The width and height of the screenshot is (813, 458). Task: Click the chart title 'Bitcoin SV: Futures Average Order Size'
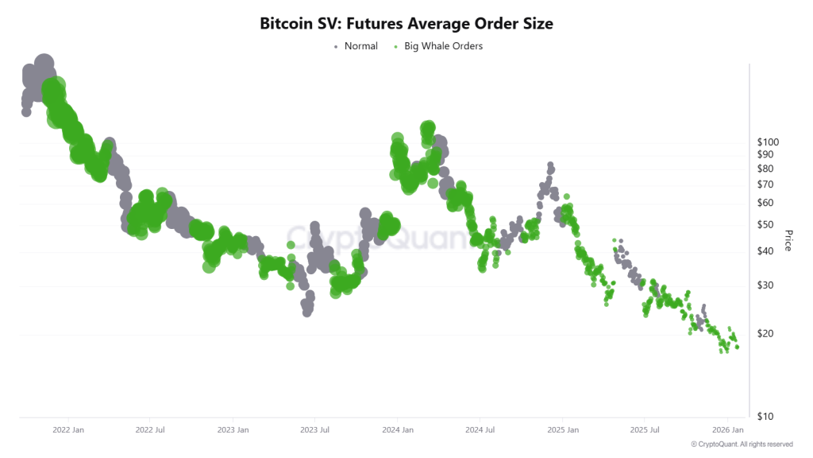click(x=406, y=24)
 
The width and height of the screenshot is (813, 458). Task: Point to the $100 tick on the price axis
click(x=769, y=142)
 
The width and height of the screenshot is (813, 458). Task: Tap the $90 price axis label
click(x=766, y=154)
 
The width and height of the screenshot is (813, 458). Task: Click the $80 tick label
click(x=766, y=169)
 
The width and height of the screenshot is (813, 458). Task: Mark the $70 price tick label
click(x=766, y=184)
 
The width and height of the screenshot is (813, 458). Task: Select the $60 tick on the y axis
click(x=766, y=203)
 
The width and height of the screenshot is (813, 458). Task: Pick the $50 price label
click(x=766, y=224)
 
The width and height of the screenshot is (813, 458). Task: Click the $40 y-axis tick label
click(x=766, y=251)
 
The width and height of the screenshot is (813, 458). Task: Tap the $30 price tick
click(x=766, y=285)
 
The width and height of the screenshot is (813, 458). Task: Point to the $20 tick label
click(x=766, y=334)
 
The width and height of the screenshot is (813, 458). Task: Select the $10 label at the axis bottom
click(x=766, y=417)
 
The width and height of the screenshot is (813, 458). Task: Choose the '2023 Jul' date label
click(x=314, y=430)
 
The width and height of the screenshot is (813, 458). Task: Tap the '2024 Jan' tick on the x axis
click(x=397, y=430)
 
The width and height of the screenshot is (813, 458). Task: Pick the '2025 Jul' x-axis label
click(x=644, y=430)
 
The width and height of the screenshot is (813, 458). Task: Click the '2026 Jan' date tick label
click(x=726, y=430)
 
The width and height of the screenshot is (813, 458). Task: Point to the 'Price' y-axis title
click(x=788, y=240)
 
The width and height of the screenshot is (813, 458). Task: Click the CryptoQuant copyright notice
click(x=742, y=444)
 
